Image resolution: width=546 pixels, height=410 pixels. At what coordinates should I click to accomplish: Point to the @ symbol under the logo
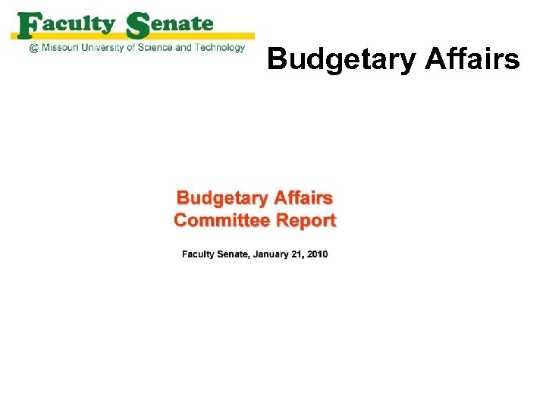coord(33,48)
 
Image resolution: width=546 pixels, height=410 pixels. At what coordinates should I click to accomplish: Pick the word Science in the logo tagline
coord(155,48)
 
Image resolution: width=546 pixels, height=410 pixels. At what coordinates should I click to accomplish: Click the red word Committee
coord(220,221)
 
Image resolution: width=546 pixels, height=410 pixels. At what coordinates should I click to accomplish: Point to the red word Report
coord(306,221)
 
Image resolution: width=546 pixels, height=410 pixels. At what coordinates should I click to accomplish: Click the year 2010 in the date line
coord(318,254)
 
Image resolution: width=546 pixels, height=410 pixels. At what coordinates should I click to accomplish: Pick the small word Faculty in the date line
coord(198,254)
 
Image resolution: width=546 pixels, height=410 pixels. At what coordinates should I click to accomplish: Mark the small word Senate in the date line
coord(232,254)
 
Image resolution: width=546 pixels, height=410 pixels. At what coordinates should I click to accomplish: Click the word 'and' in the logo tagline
coord(184,48)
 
